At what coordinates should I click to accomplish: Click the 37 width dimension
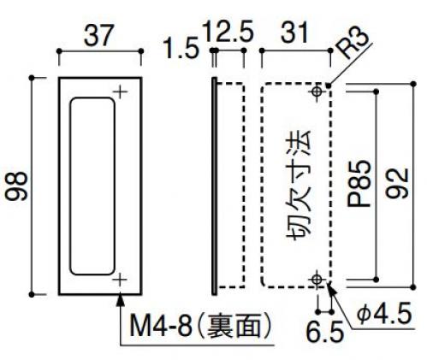pyautogui.click(x=99, y=35)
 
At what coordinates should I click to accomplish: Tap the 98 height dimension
pyautogui.click(x=17, y=186)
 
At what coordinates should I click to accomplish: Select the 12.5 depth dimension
pyautogui.click(x=228, y=32)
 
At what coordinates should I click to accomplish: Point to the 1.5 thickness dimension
pyautogui.click(x=181, y=48)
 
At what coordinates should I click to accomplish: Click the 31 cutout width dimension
pyautogui.click(x=294, y=32)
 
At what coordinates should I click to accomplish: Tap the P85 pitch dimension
pyautogui.click(x=359, y=183)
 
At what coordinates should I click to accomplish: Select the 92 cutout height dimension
pyautogui.click(x=397, y=183)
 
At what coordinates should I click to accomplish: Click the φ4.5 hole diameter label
pyautogui.click(x=385, y=314)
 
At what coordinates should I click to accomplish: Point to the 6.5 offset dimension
pyautogui.click(x=325, y=332)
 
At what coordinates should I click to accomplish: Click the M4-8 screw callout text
pyautogui.click(x=161, y=326)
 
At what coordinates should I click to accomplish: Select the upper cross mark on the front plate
pyautogui.click(x=120, y=92)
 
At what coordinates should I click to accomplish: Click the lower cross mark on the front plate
pyautogui.click(x=120, y=280)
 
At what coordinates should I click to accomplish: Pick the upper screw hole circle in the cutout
pyautogui.click(x=316, y=91)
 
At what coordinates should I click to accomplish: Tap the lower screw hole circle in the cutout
pyautogui.click(x=316, y=279)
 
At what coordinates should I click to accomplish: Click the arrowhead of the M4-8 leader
pyautogui.click(x=121, y=300)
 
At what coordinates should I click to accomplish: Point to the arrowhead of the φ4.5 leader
pyautogui.click(x=331, y=288)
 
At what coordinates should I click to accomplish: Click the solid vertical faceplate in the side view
pyautogui.click(x=214, y=186)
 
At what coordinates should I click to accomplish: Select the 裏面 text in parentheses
pyautogui.click(x=234, y=326)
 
